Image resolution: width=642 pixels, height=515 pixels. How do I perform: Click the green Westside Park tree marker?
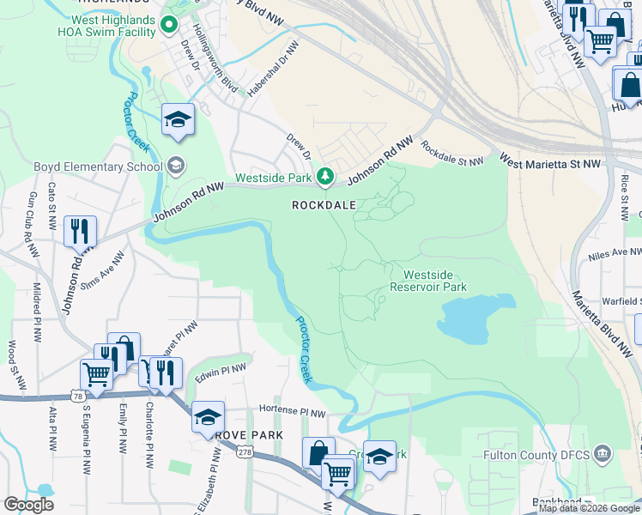pos(324,177)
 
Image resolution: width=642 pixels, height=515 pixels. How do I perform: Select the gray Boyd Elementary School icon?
pos(175,166)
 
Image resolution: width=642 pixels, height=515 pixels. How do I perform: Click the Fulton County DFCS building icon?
pos(603,452)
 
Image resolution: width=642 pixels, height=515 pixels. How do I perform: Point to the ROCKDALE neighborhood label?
pos(323,206)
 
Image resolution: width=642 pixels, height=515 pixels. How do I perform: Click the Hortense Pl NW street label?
pos(294,413)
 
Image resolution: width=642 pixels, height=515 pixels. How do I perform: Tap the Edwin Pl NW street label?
pos(220,372)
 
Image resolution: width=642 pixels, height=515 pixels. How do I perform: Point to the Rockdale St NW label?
pos(451,155)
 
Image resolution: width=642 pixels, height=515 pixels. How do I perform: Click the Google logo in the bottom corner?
pos(28,504)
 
